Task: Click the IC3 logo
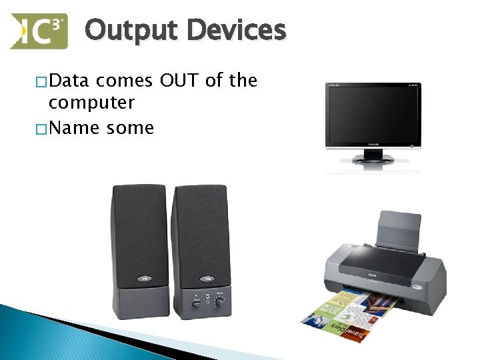(39, 31)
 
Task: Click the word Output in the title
(131, 31)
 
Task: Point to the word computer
(92, 103)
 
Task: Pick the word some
(130, 127)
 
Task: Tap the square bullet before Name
(42, 127)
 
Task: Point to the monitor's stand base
(373, 159)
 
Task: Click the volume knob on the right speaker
(219, 301)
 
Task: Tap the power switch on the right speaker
(196, 303)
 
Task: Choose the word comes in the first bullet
(125, 81)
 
